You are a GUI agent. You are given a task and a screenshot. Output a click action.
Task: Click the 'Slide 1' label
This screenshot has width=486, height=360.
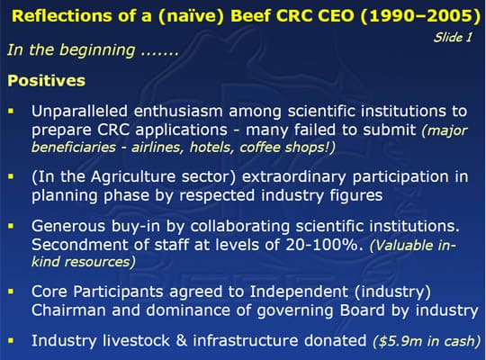pos(453,37)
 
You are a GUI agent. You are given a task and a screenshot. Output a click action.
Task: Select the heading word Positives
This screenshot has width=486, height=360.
pos(47,81)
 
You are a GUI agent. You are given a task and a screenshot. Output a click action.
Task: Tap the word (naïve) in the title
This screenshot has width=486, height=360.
pos(191,15)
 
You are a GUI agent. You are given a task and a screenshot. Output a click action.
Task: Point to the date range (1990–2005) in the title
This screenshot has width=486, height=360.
pos(420,15)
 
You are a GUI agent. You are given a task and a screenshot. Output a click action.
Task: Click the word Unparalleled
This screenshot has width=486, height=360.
pos(79,112)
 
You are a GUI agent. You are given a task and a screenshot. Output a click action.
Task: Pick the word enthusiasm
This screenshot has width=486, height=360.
pos(178,112)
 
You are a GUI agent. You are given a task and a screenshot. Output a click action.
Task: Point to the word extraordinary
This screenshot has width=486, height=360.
pos(293,177)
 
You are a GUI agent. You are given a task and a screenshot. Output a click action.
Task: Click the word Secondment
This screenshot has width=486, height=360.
pos(79,245)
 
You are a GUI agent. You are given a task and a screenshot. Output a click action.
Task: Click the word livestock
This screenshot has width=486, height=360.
pos(136,341)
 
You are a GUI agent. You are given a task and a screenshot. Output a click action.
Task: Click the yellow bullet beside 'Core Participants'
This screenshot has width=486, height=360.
pos(12,292)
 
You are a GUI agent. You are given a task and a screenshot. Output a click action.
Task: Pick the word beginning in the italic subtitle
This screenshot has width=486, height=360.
pos(96,50)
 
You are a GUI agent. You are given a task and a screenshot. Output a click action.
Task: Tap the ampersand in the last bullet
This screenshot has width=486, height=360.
pos(181,341)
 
